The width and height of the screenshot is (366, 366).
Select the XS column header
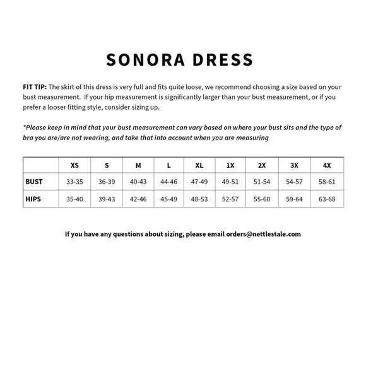75,165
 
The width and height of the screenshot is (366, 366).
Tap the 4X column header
327,165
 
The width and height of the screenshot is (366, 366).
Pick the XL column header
199,165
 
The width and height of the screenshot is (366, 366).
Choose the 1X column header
230,165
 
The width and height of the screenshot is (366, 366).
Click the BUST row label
34,182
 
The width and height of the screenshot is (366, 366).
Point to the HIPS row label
34,199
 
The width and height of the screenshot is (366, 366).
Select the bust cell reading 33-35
74,182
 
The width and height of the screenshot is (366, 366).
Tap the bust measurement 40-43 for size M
138,182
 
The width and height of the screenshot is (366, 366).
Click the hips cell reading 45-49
168,199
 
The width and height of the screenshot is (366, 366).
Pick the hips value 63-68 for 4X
327,199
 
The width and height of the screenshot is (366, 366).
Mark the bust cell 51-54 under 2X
262,182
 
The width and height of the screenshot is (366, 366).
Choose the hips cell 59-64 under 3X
294,199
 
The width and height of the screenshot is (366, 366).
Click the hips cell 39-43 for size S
107,199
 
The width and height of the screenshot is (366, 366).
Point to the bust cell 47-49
199,182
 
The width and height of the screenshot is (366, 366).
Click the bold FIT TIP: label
34,87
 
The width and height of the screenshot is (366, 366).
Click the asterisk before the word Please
24,126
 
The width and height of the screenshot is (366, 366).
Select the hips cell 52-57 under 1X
230,199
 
